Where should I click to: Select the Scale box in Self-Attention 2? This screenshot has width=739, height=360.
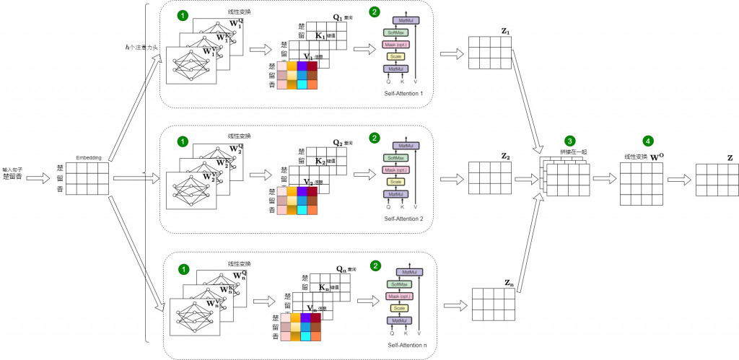(396, 182)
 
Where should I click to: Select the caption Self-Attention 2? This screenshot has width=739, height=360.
(405, 218)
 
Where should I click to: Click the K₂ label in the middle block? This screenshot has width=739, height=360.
(322, 163)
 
